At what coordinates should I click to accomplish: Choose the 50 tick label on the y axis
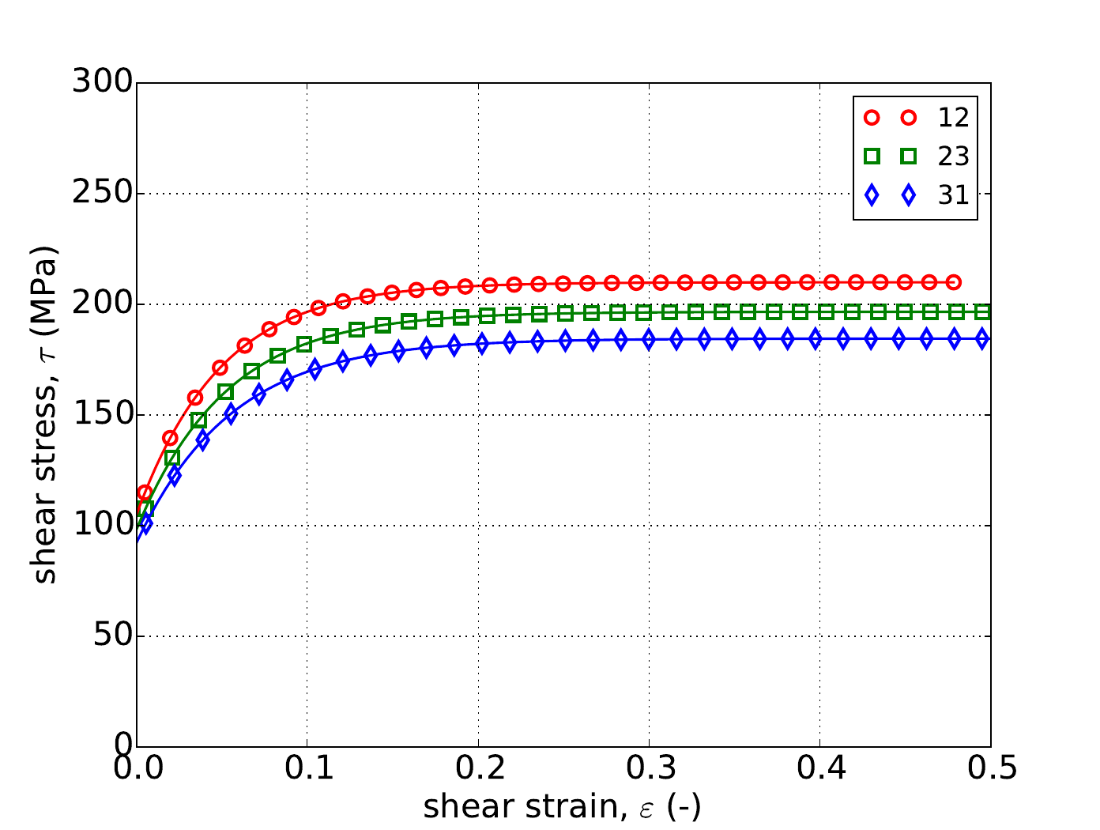click(111, 636)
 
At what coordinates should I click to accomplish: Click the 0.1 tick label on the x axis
click(307, 769)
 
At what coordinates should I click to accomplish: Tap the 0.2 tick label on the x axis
click(478, 769)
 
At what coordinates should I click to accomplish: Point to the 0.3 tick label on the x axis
click(649, 769)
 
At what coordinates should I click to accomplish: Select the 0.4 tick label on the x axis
click(819, 769)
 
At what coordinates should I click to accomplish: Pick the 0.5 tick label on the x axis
click(990, 769)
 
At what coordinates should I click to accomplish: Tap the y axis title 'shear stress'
click(46, 415)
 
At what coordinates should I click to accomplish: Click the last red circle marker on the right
click(954, 282)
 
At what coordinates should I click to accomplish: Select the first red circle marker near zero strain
click(145, 492)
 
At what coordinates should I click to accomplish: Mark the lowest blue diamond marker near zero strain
click(145, 523)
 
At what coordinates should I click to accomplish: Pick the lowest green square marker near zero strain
click(145, 508)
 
